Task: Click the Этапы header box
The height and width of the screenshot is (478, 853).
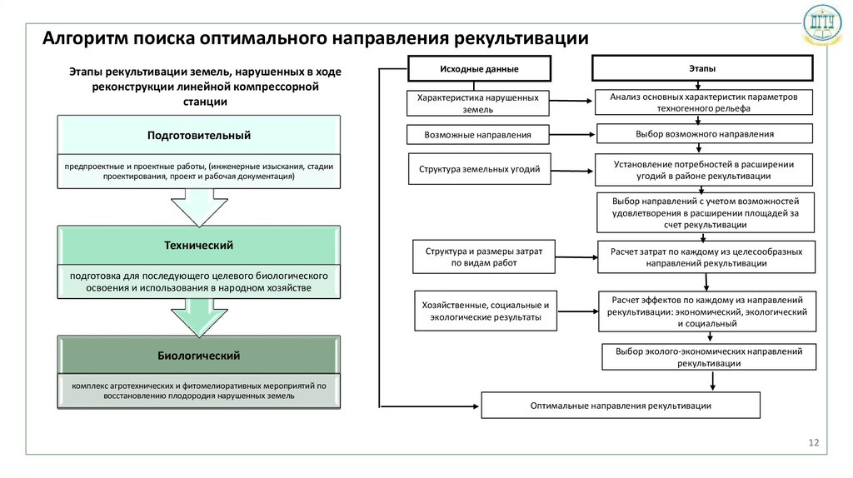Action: pos(702,68)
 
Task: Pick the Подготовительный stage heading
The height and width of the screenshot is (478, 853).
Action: pos(198,135)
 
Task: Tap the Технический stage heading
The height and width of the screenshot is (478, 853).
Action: pos(198,245)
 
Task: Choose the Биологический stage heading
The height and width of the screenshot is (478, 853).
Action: pos(198,356)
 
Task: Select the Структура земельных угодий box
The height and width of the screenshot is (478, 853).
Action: pos(479,169)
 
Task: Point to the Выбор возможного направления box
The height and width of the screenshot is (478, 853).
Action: pos(704,133)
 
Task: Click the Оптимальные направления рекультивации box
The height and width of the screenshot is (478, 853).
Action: pos(621,405)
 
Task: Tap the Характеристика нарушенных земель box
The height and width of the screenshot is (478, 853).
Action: pos(478,103)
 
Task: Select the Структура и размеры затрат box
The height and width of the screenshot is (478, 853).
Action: pos(483,256)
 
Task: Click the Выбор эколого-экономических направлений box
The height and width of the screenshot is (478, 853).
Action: pos(709,357)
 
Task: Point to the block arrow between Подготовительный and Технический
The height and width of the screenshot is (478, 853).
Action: pos(198,207)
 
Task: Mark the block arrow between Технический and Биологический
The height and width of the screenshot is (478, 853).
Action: pos(198,317)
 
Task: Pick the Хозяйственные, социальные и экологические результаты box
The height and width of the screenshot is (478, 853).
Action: pos(486,311)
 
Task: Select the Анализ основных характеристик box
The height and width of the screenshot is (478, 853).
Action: pos(704,102)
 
